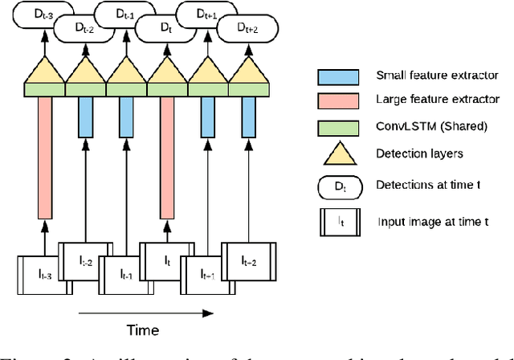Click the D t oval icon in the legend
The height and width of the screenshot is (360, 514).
pyautogui.click(x=338, y=186)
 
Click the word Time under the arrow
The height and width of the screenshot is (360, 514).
pyautogui.click(x=143, y=329)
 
